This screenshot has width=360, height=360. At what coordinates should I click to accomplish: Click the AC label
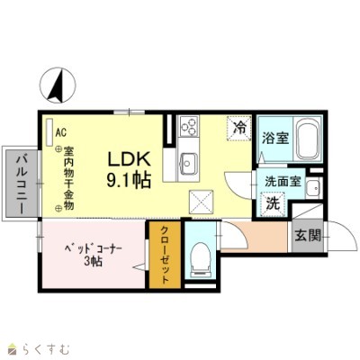[61, 131]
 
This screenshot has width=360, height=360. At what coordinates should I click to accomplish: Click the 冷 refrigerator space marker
[239, 129]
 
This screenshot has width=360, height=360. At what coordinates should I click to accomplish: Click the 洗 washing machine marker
[273, 204]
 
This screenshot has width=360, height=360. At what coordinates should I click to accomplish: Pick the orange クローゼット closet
[164, 255]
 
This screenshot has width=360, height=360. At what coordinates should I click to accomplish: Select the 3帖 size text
[93, 262]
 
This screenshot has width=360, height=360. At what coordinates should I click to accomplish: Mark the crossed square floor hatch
[200, 201]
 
